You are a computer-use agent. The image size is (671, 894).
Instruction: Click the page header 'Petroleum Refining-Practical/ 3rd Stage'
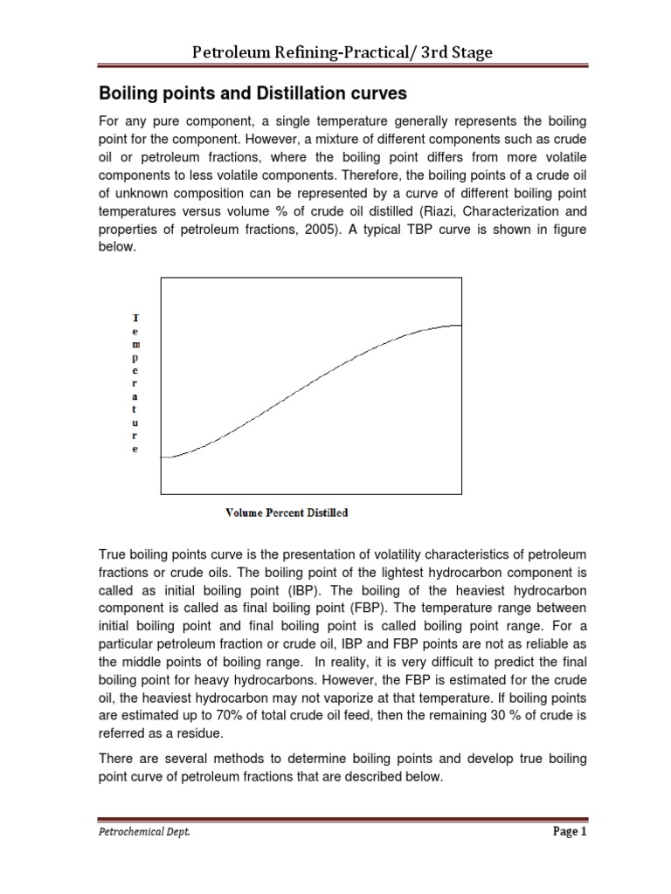[x=342, y=53]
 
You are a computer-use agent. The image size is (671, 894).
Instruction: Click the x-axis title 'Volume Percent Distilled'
[x=287, y=512]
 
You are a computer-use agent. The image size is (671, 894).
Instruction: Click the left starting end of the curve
[x=163, y=457]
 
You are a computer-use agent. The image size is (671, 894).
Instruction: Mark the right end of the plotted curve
[x=460, y=325]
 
